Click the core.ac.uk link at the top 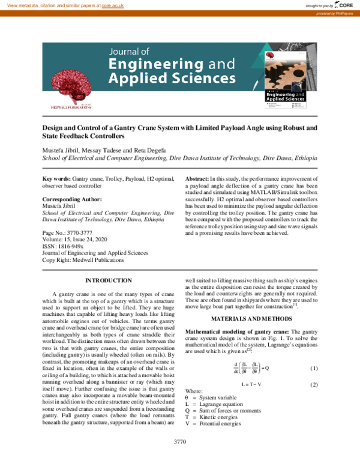click(112, 5)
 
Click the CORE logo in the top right click(343, 5)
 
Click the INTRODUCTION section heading click(109, 281)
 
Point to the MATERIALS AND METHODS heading click(248, 317)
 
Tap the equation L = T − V click(250, 384)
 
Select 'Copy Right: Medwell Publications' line click(83, 260)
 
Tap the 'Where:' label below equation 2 click(194, 392)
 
